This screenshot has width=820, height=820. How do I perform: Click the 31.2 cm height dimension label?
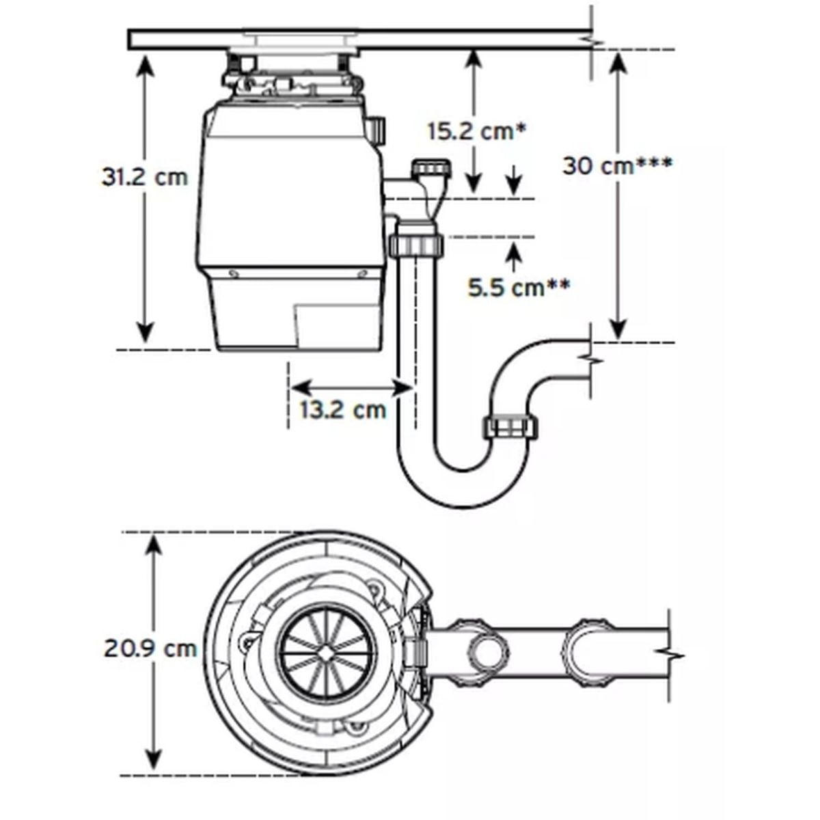tap(144, 177)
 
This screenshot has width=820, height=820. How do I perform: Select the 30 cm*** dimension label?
tap(617, 165)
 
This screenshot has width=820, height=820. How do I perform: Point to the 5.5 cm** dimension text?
tap(519, 288)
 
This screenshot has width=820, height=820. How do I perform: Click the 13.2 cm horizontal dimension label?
tap(343, 409)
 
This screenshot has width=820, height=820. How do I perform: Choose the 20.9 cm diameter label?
tap(150, 648)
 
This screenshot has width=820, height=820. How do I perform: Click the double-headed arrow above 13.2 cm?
tap(351, 388)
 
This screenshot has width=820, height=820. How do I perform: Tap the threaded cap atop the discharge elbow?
tap(431, 168)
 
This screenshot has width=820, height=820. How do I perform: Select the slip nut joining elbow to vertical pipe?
tap(416, 244)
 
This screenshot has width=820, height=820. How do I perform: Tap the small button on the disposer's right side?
tap(377, 129)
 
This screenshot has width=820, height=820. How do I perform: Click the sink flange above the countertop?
tap(300, 33)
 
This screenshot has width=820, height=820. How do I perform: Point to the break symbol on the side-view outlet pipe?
tap(590, 358)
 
